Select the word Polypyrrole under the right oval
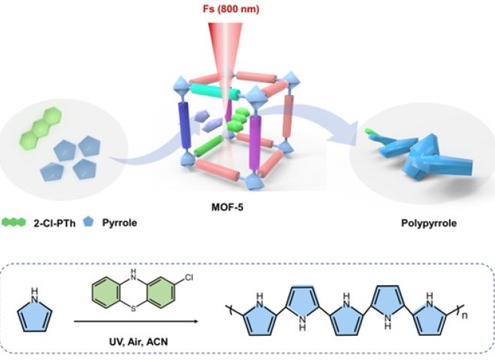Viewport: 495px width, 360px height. (x=415, y=223)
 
